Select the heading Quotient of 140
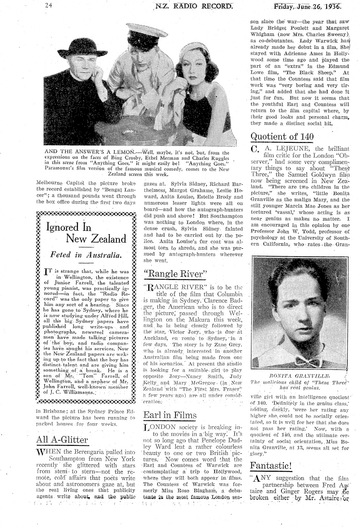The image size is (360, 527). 282,137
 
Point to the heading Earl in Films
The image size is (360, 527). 170,415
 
